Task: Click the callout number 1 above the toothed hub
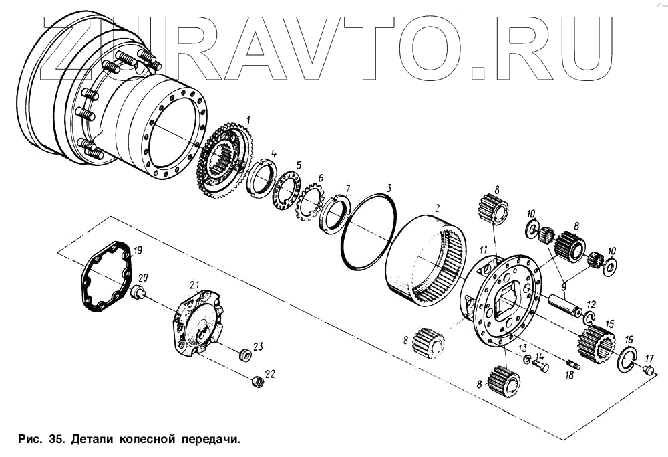pyautogui.click(x=248, y=119)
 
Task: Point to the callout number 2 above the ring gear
pyautogui.click(x=437, y=208)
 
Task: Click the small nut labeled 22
pyautogui.click(x=258, y=381)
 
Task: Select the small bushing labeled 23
pyautogui.click(x=245, y=354)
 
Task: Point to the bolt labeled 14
pyautogui.click(x=541, y=366)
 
